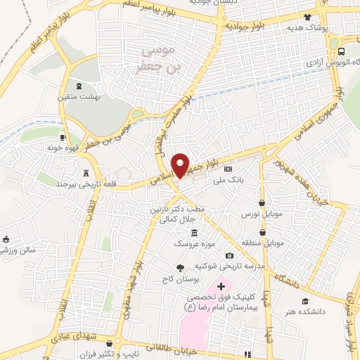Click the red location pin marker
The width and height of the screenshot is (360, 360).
coord(181,165)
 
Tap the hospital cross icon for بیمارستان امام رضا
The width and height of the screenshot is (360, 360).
coord(221,285)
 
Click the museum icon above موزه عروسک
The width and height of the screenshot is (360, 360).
coord(194,233)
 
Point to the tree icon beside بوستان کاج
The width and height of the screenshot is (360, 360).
coord(180,267)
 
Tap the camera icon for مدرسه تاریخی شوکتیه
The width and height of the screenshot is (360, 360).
coord(229,256)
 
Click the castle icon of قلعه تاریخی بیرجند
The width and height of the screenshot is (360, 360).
coord(87,172)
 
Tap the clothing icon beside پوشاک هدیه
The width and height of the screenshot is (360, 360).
coord(307,17)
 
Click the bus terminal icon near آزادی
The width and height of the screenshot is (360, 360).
coord(342,51)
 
